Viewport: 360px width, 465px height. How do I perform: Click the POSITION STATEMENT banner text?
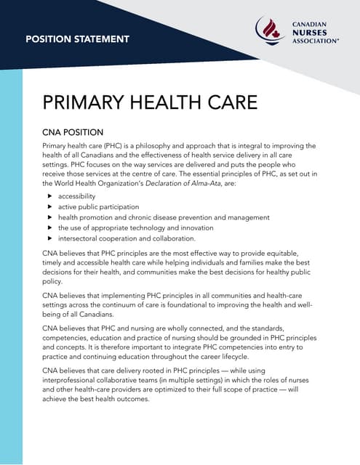pyautogui.click(x=77, y=39)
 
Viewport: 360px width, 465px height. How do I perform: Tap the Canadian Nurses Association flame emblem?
pyautogui.click(x=271, y=31)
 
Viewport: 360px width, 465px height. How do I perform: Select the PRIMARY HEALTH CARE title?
pyautogui.click(x=151, y=101)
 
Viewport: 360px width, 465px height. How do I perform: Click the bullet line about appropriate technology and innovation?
pyautogui.click(x=132, y=227)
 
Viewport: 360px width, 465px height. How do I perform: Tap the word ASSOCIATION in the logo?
pyautogui.click(x=315, y=41)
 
